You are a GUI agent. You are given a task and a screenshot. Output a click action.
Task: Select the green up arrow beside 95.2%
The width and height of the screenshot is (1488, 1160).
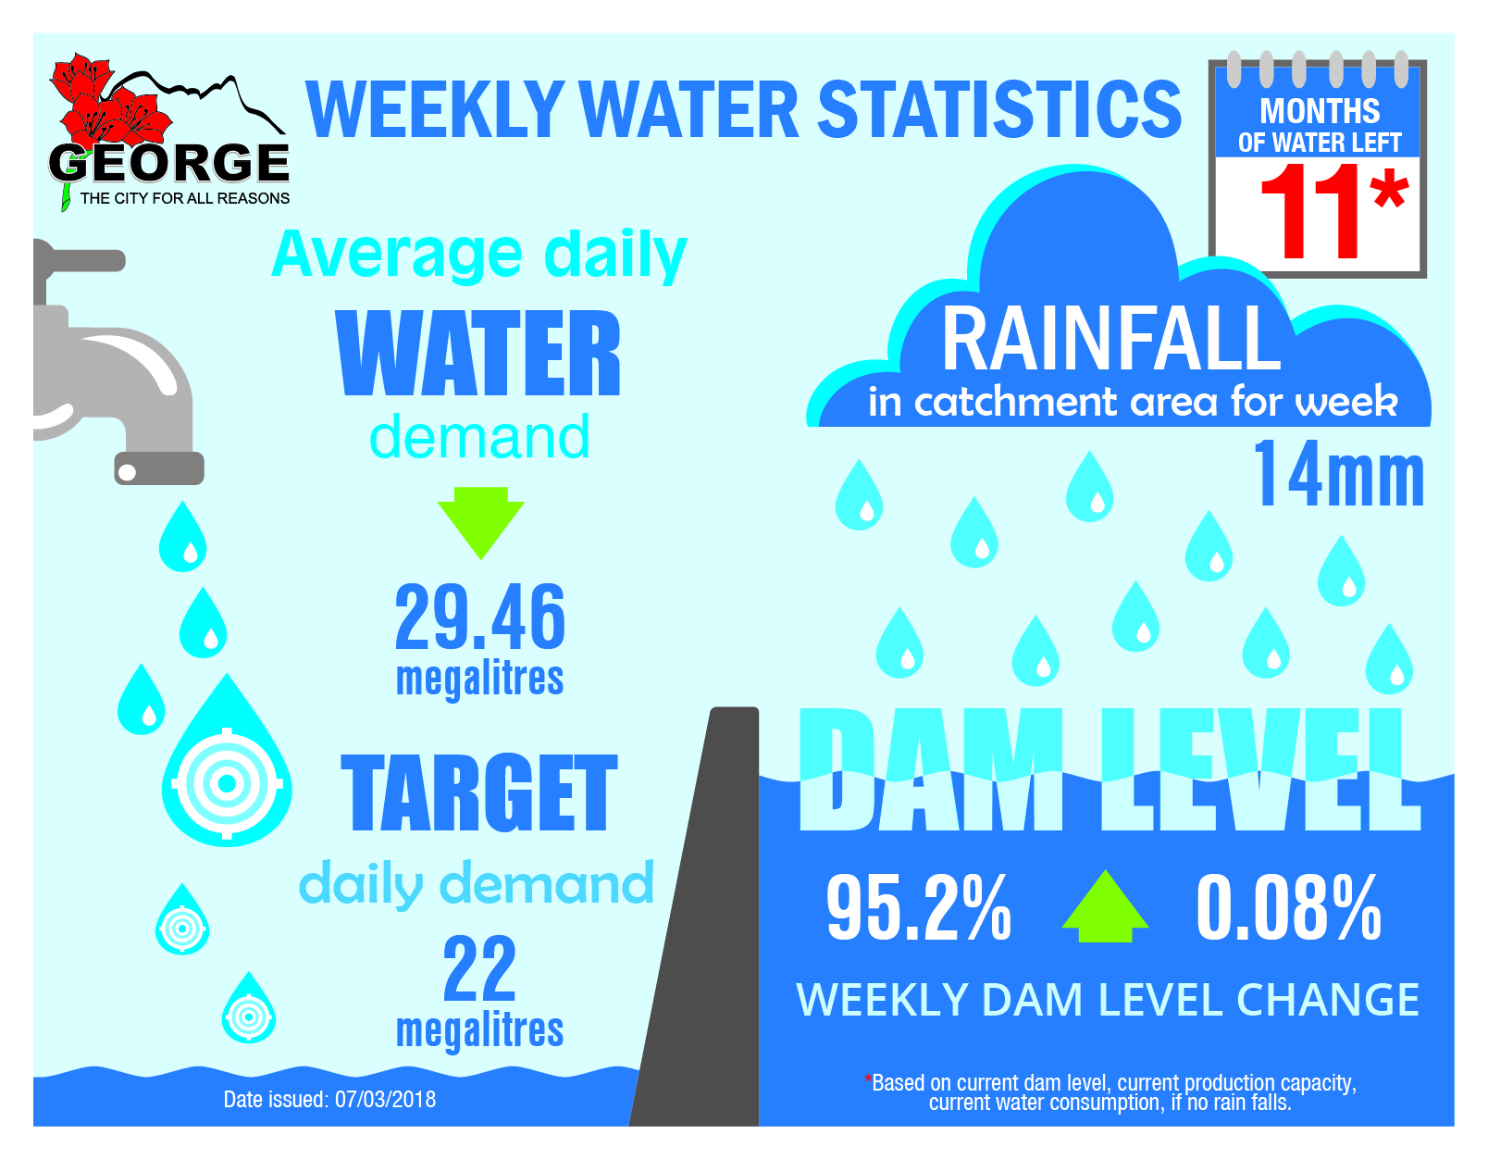[x=1105, y=907]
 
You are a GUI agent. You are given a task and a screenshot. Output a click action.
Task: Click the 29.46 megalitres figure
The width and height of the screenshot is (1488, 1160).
[x=479, y=618]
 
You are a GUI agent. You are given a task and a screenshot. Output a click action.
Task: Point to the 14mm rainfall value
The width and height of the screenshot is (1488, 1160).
[x=1338, y=476]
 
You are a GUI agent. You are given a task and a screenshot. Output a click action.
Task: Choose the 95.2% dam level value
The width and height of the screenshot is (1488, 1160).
[x=918, y=909]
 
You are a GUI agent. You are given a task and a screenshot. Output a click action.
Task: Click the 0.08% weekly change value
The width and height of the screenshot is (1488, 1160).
[x=1288, y=909]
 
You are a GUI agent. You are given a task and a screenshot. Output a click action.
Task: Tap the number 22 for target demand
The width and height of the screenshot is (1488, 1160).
[x=479, y=968]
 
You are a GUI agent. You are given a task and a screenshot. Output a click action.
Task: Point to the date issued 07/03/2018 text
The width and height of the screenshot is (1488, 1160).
[x=329, y=1100]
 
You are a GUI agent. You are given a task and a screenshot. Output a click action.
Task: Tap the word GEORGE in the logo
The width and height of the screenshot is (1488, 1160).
[x=169, y=164]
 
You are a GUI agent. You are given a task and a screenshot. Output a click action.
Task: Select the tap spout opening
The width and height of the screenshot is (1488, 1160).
[x=158, y=468]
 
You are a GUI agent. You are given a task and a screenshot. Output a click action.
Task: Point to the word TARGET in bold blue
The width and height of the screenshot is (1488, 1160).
[x=478, y=794]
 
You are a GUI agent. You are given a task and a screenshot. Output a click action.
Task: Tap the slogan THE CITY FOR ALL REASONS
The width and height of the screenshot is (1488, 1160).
[x=184, y=198]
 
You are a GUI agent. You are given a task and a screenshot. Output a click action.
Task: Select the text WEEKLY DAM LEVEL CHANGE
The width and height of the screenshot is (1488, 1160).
[x=1108, y=1000]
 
